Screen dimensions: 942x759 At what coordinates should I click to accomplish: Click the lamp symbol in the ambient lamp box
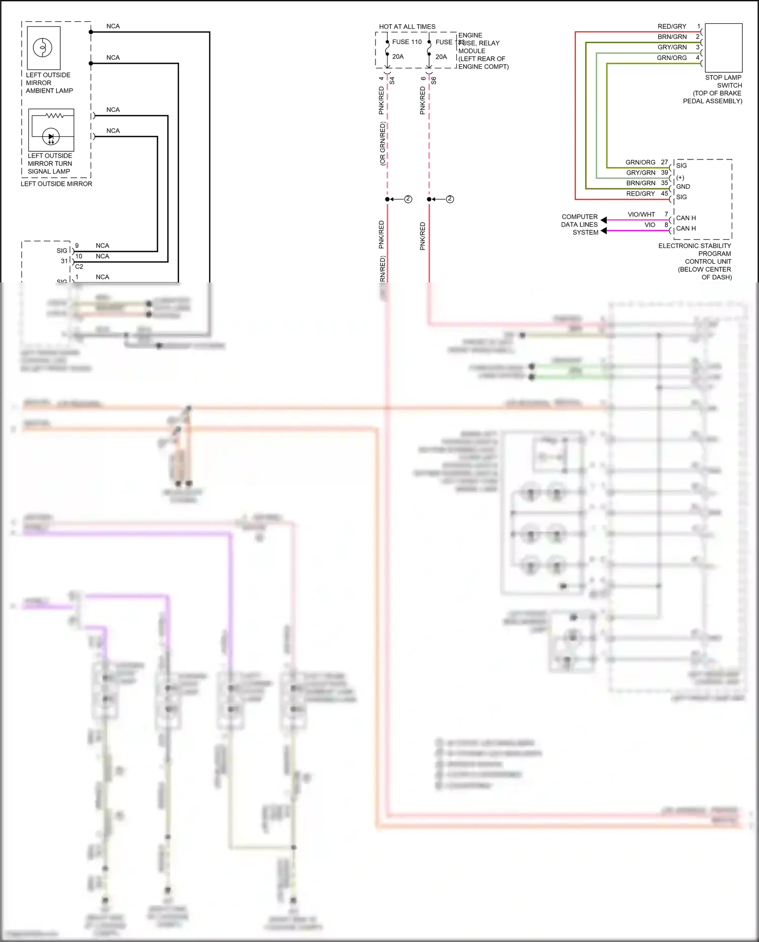point(43,48)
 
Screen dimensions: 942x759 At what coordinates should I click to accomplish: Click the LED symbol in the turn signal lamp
point(51,137)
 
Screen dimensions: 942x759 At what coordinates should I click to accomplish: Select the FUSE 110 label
point(406,42)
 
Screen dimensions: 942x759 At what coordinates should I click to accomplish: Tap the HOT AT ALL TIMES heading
point(407,27)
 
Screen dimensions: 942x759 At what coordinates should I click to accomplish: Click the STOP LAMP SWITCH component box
point(724,48)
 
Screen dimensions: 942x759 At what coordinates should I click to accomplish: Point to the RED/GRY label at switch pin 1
point(671,26)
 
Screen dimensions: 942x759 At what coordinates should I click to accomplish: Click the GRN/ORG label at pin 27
point(640,162)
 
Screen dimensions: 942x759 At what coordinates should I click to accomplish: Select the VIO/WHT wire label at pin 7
point(641,215)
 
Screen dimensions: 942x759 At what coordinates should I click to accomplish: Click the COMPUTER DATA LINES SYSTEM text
point(579,224)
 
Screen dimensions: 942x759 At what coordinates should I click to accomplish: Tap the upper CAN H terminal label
point(686,218)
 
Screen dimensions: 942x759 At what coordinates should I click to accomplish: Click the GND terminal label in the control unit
point(683,187)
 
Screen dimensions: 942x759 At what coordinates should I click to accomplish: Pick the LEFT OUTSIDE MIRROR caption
point(56,184)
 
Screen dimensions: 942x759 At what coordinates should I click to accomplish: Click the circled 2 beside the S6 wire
point(450,199)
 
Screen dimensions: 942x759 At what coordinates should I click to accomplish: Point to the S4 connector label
point(392,80)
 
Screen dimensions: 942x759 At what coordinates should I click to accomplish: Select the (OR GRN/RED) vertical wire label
point(383,144)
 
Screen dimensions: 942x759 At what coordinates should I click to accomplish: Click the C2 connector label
point(79,267)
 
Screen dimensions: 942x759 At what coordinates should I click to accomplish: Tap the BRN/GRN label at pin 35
point(641,183)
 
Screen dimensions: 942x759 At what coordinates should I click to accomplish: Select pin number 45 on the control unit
point(664,193)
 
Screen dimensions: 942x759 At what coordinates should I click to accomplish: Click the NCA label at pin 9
point(102,246)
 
